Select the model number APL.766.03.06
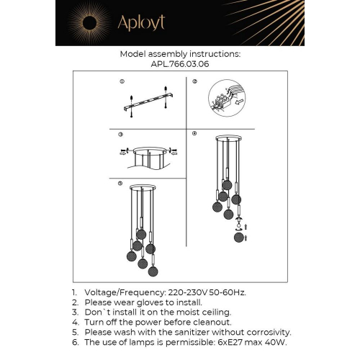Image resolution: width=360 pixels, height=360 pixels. point(180,63)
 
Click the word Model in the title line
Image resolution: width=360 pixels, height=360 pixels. point(133,53)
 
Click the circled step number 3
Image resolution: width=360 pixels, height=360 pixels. point(121,135)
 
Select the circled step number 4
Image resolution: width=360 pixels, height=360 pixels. point(194,135)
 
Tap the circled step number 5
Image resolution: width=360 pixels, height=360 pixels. point(121,184)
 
